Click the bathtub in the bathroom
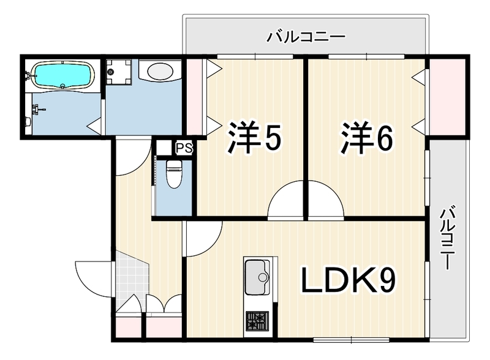[64, 74]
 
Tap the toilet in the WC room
[174, 174]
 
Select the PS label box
[184, 148]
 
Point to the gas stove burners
[257, 321]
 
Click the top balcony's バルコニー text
[306, 37]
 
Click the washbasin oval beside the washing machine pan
[160, 72]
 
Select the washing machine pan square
[118, 72]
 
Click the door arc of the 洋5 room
[285, 198]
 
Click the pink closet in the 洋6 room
[448, 97]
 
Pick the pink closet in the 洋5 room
[194, 97]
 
